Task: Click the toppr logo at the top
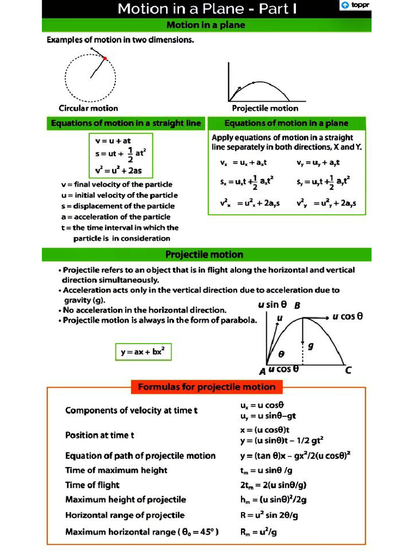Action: coord(355,6)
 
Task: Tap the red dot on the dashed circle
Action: coord(105,58)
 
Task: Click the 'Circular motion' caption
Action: coord(88,108)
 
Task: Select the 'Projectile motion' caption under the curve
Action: coord(265,108)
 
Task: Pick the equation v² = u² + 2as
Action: coord(119,171)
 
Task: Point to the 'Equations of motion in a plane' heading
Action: coord(286,123)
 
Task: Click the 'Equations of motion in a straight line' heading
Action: coord(126,123)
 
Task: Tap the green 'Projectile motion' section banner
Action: coord(204,255)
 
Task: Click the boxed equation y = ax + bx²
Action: coord(143,352)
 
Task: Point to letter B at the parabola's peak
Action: coord(296,306)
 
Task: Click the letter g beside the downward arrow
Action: coord(310,347)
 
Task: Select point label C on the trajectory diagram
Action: coord(348,370)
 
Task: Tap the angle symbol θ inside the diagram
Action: coord(281,355)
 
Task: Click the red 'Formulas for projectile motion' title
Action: coord(207,387)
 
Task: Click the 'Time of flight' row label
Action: coord(92,485)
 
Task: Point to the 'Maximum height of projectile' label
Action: coord(126,499)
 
